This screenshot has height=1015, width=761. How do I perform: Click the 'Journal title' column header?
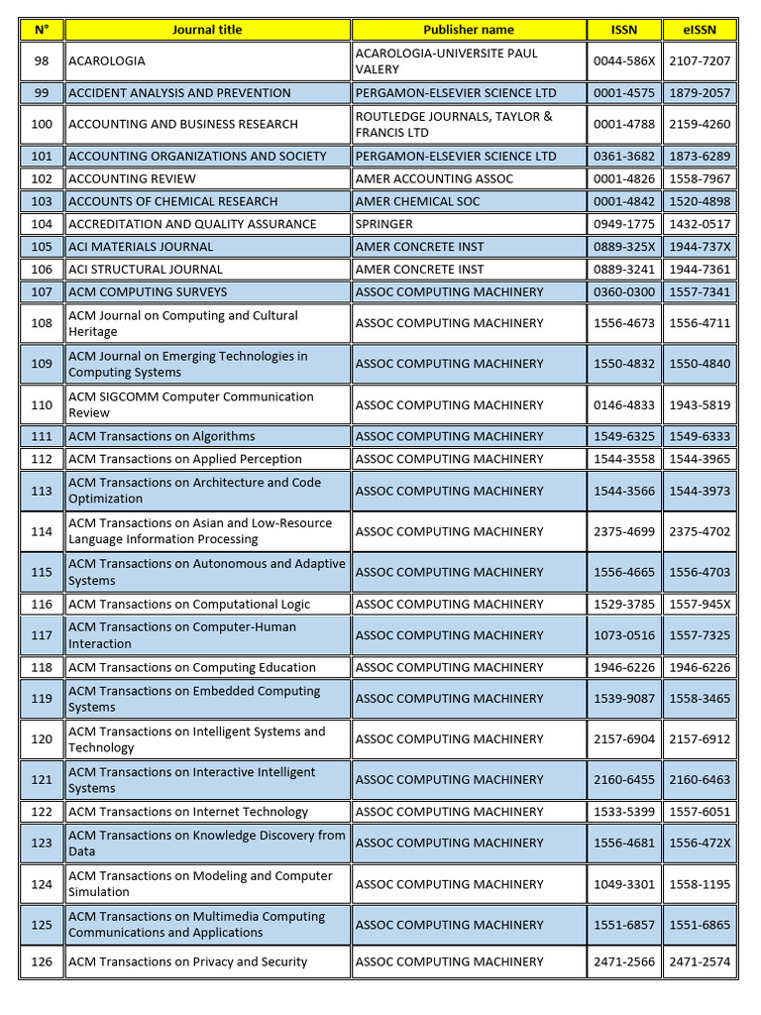pos(206,30)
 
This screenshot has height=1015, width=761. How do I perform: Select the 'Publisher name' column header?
pos(469,30)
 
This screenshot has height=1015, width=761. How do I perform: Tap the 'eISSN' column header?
pos(700,30)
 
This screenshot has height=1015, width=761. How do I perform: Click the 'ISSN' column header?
pos(624,30)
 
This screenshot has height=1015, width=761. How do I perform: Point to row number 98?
pos(42,61)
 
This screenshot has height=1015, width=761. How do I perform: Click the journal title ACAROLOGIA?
pos(107,61)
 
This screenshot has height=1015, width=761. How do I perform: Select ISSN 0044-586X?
pos(624,61)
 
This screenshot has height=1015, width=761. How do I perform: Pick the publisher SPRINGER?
pos(384,224)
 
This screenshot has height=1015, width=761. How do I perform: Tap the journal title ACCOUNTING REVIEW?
pos(132,178)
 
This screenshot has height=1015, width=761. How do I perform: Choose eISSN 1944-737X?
pos(700,247)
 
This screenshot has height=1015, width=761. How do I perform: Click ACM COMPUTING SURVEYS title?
pos(148,292)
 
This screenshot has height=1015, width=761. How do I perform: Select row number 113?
pos(42,491)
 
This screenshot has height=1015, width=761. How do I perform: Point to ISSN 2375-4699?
pos(624,531)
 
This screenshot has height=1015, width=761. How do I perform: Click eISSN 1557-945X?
pos(700,605)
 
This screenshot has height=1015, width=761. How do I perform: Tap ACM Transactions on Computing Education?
pos(192,668)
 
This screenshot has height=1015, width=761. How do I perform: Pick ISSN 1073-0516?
pos(624,635)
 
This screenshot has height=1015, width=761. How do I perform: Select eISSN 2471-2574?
pos(700,961)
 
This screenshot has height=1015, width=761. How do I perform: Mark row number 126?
pos(42,961)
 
